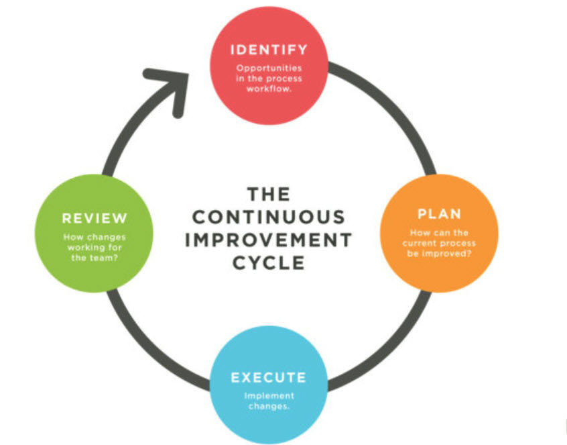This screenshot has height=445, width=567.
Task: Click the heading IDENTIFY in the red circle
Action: coord(269,50)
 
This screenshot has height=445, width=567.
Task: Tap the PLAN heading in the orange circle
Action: coord(439,215)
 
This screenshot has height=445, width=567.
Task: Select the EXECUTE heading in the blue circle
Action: coord(268,377)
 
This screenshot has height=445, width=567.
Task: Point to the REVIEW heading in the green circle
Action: coord(94,218)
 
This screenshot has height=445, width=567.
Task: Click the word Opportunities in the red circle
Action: coord(269,68)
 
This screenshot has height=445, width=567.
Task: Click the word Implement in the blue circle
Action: coord(268,396)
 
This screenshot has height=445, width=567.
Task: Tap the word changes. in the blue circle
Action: coord(268,406)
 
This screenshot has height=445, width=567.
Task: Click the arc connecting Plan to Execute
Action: coord(392,336)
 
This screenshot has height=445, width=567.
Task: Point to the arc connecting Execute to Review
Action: coord(144,336)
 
